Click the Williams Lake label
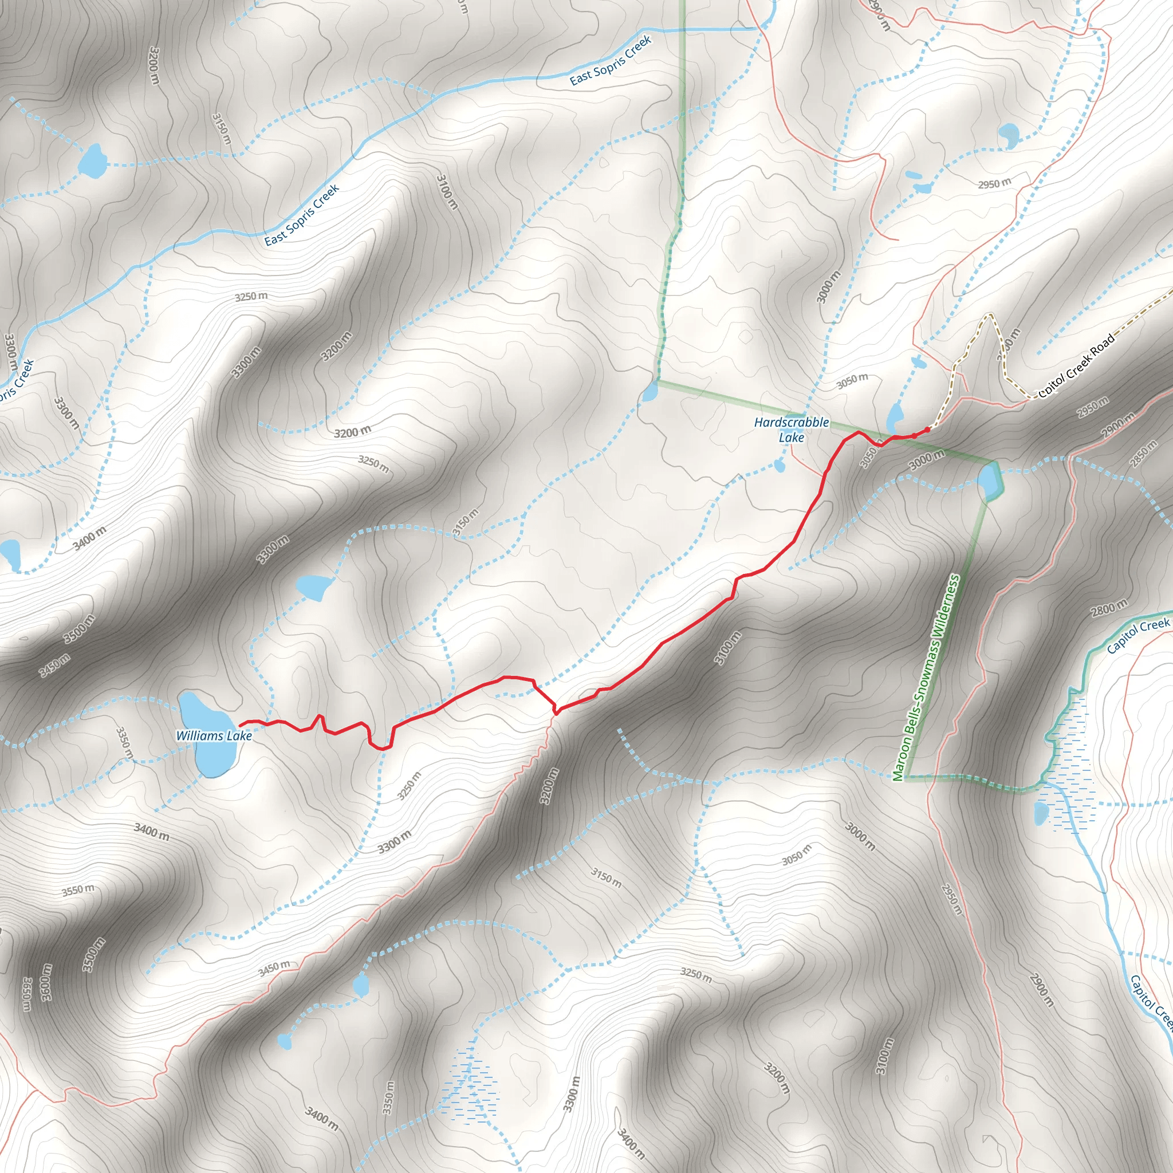coord(214,736)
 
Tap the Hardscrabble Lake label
coord(791,429)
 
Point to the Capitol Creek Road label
coord(1076,366)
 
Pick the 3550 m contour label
coord(78,890)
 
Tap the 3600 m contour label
coord(47,982)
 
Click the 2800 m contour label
coord(1109,607)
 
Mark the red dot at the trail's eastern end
coord(927,430)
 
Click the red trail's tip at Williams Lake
coord(241,725)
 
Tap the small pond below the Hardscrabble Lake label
coord(780,466)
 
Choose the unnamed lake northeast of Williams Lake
coord(313,586)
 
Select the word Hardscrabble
coord(791,422)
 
